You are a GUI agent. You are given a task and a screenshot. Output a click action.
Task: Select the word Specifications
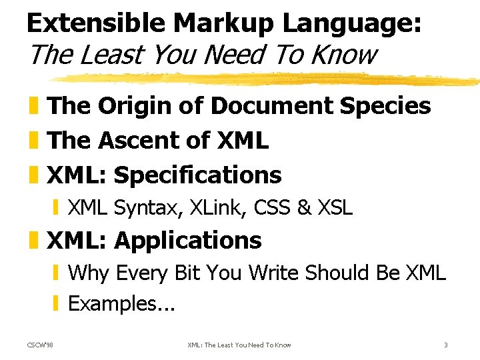pos(198,175)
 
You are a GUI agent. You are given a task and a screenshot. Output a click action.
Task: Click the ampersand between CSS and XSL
pos(305,208)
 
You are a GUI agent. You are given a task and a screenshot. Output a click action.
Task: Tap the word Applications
pos(188,240)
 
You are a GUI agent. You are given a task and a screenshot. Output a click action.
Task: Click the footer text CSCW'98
pos(41,345)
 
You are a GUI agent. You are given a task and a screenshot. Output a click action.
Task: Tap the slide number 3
pos(445,345)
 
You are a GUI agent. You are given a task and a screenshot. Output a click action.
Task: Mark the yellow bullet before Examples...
pos(57,304)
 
